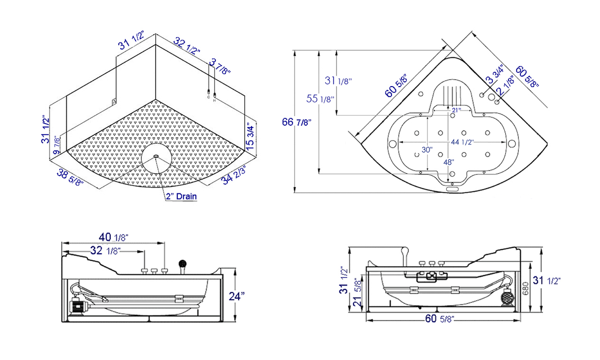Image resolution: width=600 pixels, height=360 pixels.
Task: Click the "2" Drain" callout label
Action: click(x=181, y=196)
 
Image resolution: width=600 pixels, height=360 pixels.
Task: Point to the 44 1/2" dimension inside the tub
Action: click(x=462, y=142)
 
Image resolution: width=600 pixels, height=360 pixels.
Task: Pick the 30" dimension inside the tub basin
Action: click(x=427, y=150)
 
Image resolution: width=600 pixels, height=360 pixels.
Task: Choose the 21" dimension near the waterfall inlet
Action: click(x=455, y=110)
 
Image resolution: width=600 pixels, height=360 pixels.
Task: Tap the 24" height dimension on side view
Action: click(x=237, y=296)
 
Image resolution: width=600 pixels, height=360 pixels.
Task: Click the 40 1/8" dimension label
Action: click(x=113, y=238)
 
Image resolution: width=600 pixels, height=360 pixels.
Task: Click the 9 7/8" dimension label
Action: click(x=58, y=145)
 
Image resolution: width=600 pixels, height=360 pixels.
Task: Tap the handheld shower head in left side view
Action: click(x=183, y=265)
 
